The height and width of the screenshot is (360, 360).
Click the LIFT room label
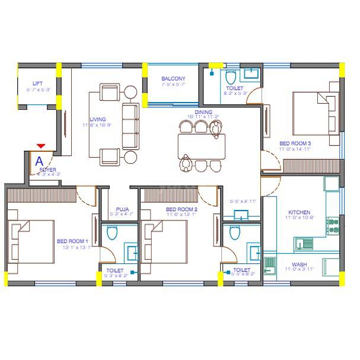pyautogui.click(x=37, y=84)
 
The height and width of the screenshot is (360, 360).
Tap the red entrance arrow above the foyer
pyautogui.click(x=40, y=146)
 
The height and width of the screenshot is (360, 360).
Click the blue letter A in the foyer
pyautogui.click(x=40, y=160)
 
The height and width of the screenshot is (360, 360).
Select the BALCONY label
pyautogui.click(x=173, y=78)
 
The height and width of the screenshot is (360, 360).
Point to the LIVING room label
pyautogui.click(x=98, y=119)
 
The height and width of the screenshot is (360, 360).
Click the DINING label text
pyautogui.click(x=203, y=111)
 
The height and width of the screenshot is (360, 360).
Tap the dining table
pyautogui.click(x=201, y=144)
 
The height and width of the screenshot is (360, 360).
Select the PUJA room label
pyautogui.click(x=123, y=209)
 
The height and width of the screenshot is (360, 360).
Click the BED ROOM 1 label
pyautogui.click(x=72, y=241)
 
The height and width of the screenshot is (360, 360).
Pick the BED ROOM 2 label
pyautogui.click(x=181, y=209)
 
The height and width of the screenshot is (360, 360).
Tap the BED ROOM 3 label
pyautogui.click(x=295, y=144)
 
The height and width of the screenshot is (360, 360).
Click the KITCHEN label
pyautogui.click(x=299, y=212)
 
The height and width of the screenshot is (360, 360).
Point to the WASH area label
pyautogui.click(x=299, y=265)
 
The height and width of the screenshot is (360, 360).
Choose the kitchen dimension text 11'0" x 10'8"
pyautogui.click(x=299, y=219)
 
